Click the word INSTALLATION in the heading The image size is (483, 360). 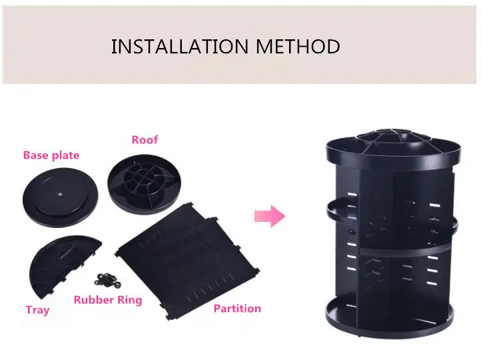[x=180, y=47]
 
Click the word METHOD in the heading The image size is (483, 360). [x=298, y=47]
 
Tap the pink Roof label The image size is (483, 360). [x=145, y=140]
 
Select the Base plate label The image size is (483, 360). [x=51, y=155]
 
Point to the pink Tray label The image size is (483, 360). [x=37, y=310]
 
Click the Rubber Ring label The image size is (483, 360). [x=108, y=300]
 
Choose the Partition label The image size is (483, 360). [x=237, y=309]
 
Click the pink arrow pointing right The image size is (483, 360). [x=270, y=217]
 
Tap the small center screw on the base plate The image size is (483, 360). [x=60, y=194]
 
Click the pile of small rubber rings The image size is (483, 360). [x=107, y=280]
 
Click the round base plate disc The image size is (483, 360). [x=61, y=197]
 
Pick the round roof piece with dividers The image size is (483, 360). [x=144, y=184]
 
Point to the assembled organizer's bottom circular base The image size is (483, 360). [x=389, y=321]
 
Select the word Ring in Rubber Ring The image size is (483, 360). [x=130, y=301]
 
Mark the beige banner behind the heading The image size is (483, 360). [x=239, y=45]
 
